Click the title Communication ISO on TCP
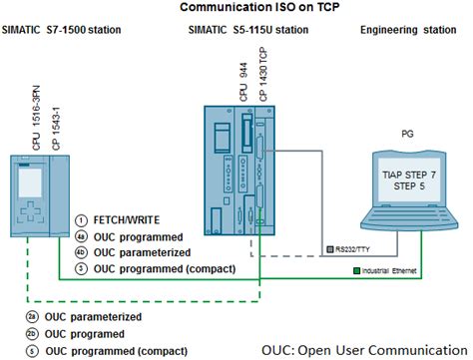click(x=236, y=8)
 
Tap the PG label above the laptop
click(x=407, y=133)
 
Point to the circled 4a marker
click(x=83, y=237)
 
